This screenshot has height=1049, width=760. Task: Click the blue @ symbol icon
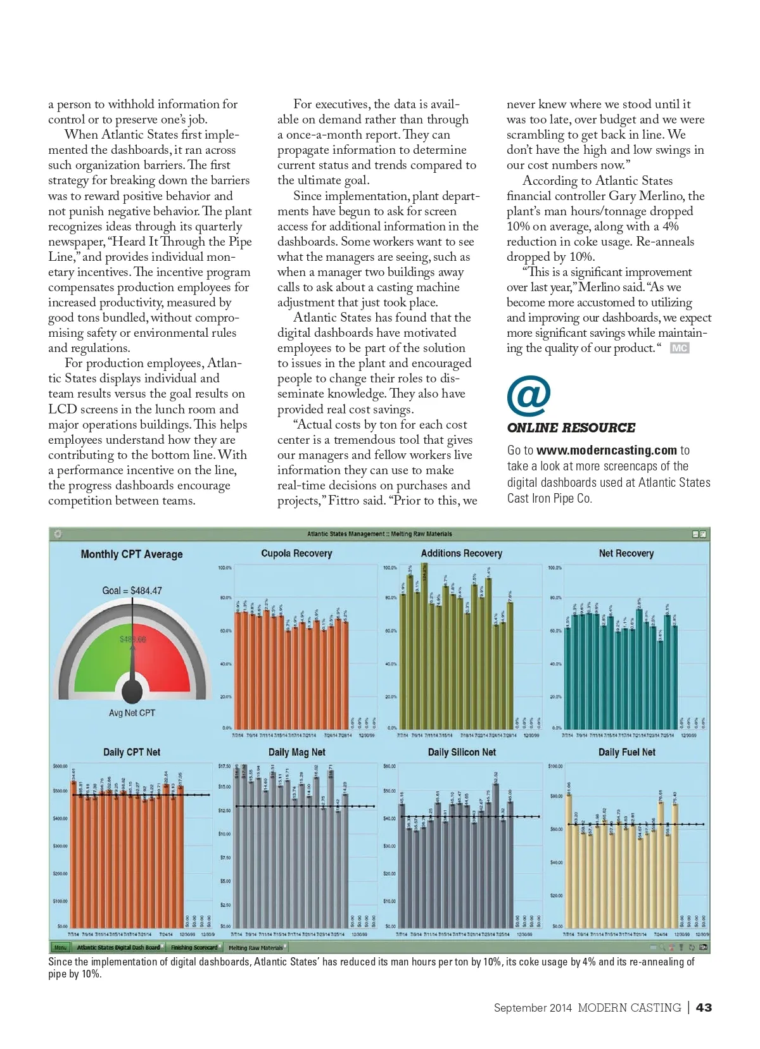pos(528,396)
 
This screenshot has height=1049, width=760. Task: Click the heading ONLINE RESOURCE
pos(571,428)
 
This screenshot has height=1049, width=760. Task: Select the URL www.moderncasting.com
pos(606,450)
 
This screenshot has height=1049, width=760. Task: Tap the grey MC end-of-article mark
pos(679,348)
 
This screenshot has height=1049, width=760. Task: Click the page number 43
pos(704,1007)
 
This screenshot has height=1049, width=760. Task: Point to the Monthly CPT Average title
pos(132,554)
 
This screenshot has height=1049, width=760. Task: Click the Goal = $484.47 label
pos(132,591)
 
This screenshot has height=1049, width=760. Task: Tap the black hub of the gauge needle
pos(132,691)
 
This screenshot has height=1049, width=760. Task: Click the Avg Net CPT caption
pos(132,713)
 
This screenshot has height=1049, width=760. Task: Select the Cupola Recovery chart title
pos(296,553)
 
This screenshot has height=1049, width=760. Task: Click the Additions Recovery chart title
pos(461,553)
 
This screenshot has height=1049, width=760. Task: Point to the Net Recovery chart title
pos(626,553)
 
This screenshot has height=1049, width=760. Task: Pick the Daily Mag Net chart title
pos(296,752)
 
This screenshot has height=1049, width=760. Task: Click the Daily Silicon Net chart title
pos(462,752)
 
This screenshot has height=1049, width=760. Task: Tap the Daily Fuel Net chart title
pos(627,752)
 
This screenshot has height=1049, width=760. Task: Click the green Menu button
pos(60,948)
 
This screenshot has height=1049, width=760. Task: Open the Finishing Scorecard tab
pos(194,948)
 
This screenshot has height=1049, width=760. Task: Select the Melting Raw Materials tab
pos(255,948)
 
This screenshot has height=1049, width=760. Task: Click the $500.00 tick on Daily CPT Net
pos(61,791)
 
